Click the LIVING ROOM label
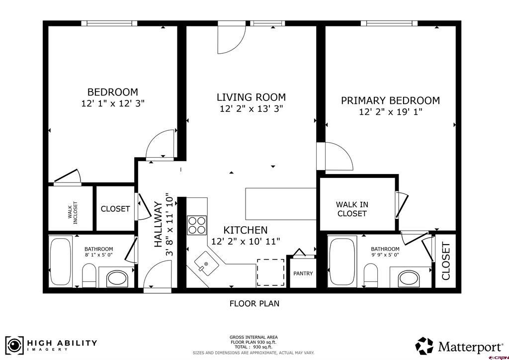(251, 97)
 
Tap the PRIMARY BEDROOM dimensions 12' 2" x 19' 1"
(391, 112)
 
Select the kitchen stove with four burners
(197, 225)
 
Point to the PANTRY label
(303, 273)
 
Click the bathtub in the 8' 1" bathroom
(61, 262)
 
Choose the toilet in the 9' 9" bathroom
(371, 275)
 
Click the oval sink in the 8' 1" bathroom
(118, 278)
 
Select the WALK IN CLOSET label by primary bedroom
(352, 209)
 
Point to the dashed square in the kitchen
(271, 272)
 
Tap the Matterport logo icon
(424, 346)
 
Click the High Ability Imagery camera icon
(14, 346)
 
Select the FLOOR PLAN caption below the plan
(254, 303)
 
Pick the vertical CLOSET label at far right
(446, 261)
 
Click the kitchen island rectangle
(281, 204)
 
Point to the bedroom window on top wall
(109, 23)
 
